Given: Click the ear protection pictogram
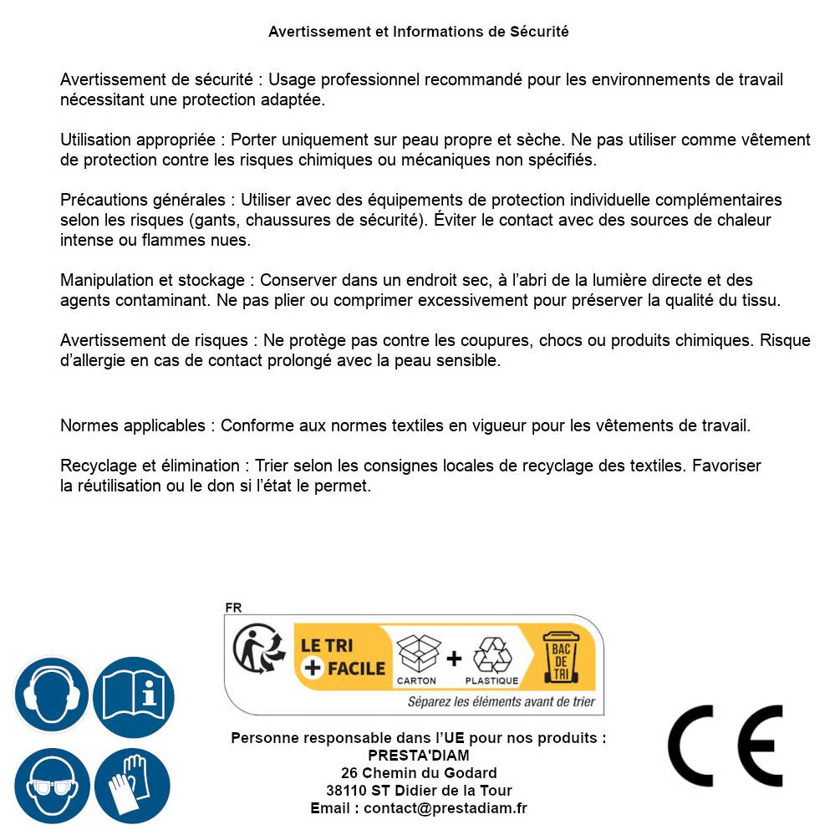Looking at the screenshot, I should pos(52,696).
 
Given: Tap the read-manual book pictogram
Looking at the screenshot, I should pos(133,696).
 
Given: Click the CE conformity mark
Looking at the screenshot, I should pos(725,746).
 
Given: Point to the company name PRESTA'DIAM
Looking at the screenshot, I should pos(419,756).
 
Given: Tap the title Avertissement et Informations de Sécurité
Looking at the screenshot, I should pos(419,32).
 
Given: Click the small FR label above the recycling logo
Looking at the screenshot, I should pos(233,608).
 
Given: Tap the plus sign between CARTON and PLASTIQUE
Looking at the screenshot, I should pos(454,659).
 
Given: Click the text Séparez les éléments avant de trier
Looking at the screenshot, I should pos(501,701).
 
